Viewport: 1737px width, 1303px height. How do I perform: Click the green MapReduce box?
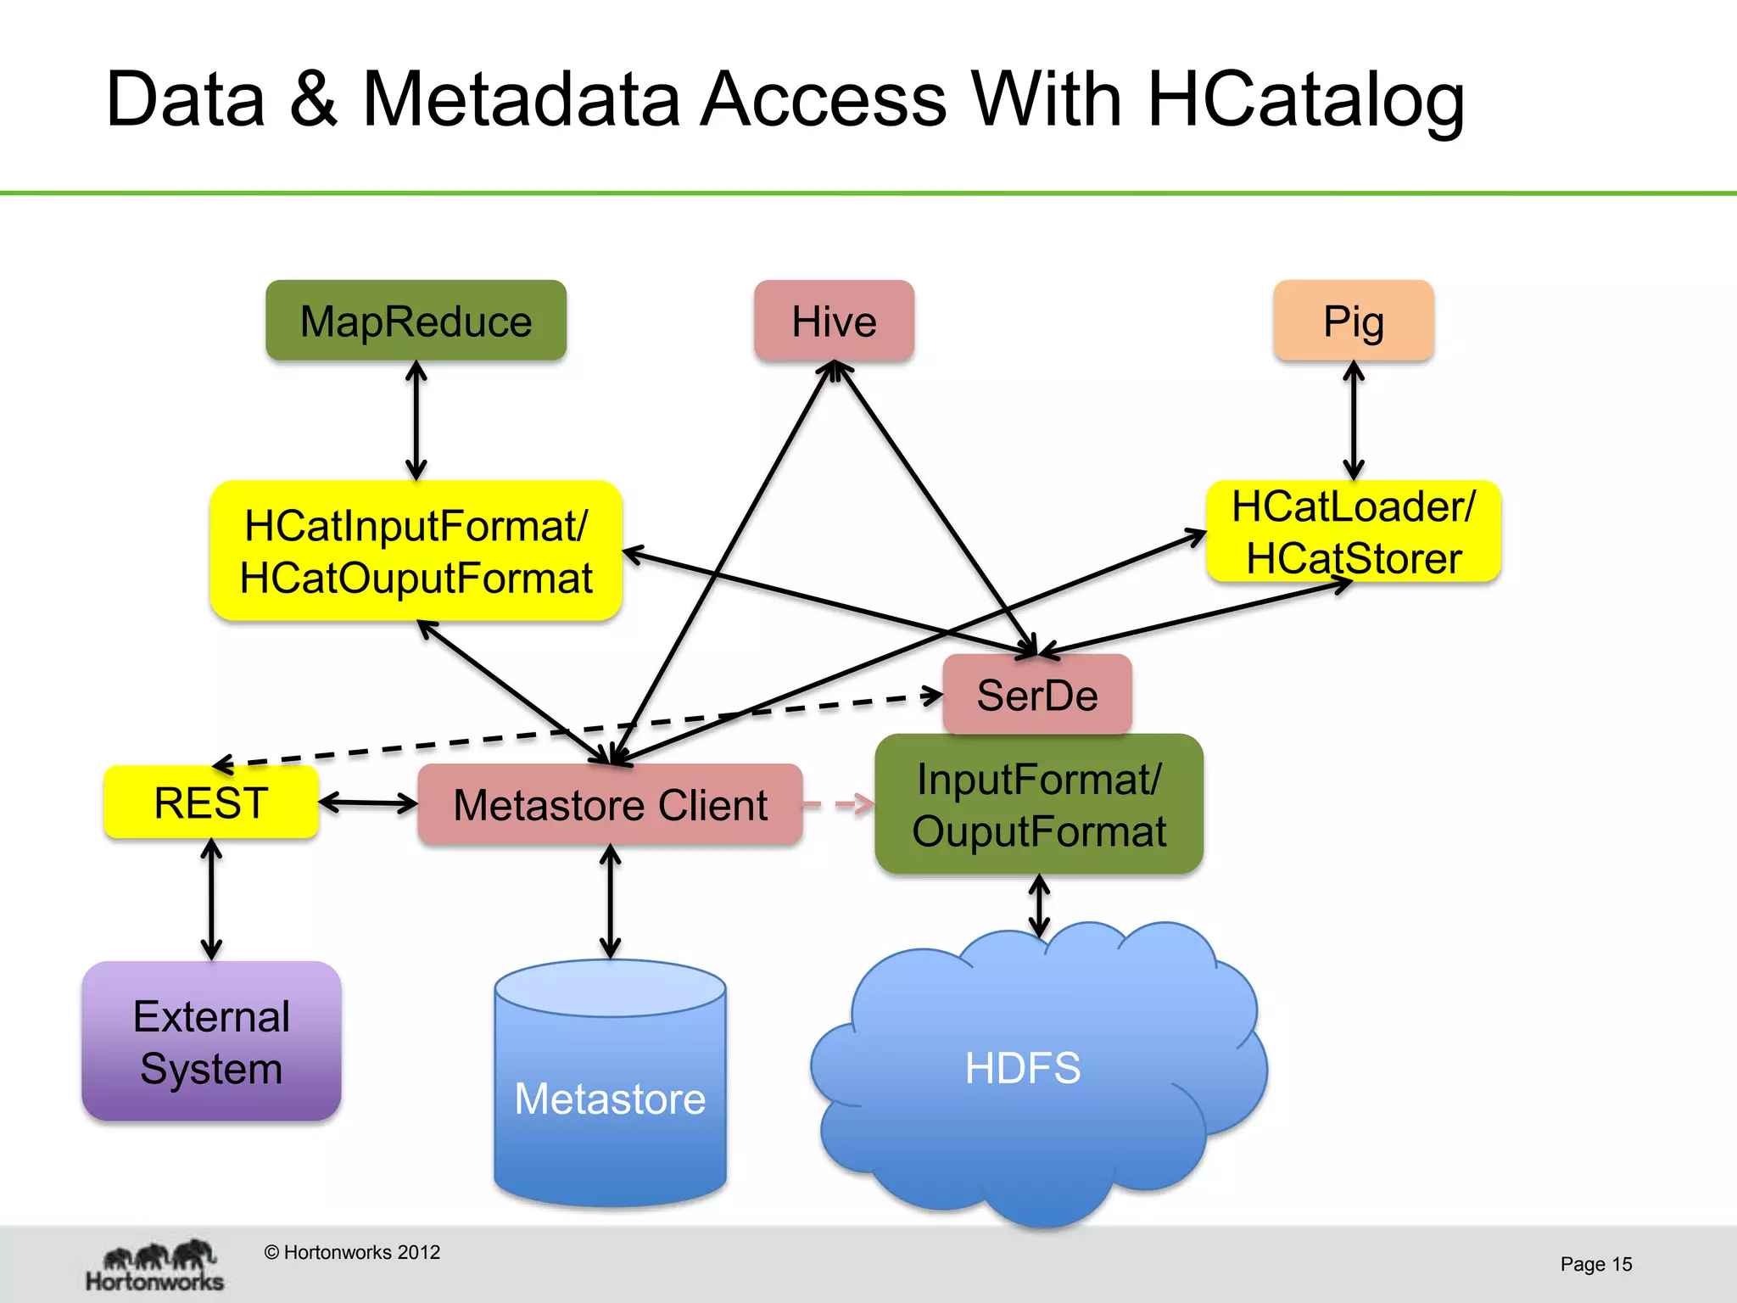pyautogui.click(x=416, y=321)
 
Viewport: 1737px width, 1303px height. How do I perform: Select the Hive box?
pyautogui.click(x=834, y=321)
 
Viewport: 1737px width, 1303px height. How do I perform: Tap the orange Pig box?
pyautogui.click(x=1354, y=321)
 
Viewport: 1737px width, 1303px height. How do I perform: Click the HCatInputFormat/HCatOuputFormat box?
pyautogui.click(x=416, y=551)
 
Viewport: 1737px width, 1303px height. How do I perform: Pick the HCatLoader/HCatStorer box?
pyautogui.click(x=1354, y=532)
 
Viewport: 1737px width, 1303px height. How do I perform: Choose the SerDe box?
pyautogui.click(x=1036, y=695)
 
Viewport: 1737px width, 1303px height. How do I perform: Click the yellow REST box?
pyautogui.click(x=211, y=802)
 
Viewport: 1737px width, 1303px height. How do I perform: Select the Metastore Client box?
pyautogui.click(x=610, y=804)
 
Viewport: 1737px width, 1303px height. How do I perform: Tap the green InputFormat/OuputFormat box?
pyautogui.click(x=1039, y=804)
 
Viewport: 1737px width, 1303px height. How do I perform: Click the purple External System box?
pyautogui.click(x=211, y=1041)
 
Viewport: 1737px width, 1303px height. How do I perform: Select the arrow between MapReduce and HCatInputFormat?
pyautogui.click(x=416, y=421)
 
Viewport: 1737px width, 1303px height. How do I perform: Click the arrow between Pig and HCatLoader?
pyautogui.click(x=1354, y=421)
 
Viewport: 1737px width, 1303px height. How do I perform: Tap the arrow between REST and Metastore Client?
pyautogui.click(x=368, y=802)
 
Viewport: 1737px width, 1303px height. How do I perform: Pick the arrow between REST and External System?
pyautogui.click(x=211, y=899)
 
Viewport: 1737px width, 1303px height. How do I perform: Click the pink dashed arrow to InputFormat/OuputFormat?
pyautogui.click(x=838, y=803)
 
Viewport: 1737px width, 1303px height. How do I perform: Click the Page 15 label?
pyautogui.click(x=1595, y=1264)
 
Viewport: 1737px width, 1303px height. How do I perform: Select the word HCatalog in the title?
pyautogui.click(x=1305, y=100)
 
